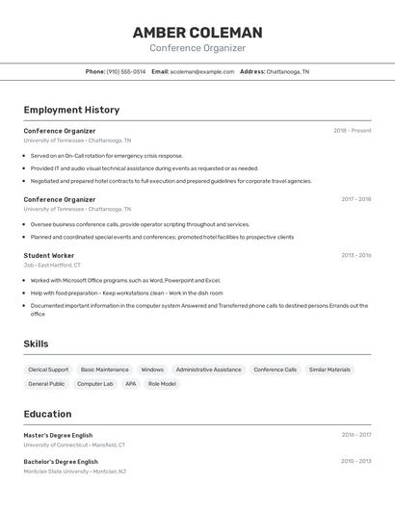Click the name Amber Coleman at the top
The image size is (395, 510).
[x=197, y=33]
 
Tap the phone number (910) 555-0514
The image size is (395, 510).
[x=126, y=72]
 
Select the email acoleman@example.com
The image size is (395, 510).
[x=202, y=72]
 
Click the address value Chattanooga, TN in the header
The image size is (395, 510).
[x=288, y=72]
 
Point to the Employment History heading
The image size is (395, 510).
[x=71, y=110]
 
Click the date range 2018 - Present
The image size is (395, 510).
[x=353, y=131]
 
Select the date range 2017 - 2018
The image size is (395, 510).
[x=355, y=199]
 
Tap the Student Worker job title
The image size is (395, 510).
[x=49, y=255]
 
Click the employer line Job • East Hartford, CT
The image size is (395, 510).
[x=52, y=265]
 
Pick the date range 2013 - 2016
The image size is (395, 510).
[x=355, y=255]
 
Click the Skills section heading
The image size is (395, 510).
[x=37, y=344]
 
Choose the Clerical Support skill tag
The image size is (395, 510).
[x=48, y=370]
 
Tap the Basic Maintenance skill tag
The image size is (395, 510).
[x=104, y=370]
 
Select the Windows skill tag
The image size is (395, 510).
[x=152, y=370]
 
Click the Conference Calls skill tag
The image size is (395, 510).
[x=276, y=370]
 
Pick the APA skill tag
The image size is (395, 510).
[x=131, y=384]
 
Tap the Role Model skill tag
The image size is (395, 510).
[x=162, y=384]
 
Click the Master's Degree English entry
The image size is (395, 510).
[x=58, y=435]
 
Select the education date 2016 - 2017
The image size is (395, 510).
[x=355, y=435]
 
